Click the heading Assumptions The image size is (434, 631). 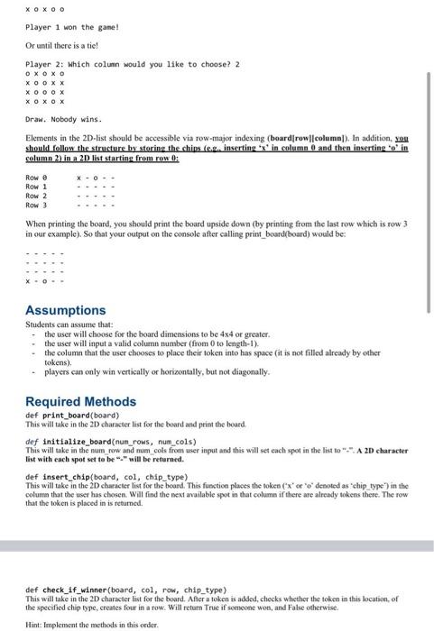coord(65,310)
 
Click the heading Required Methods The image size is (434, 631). coord(80,401)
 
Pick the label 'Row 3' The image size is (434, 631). coord(37,205)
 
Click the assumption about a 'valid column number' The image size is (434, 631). coord(149,342)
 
